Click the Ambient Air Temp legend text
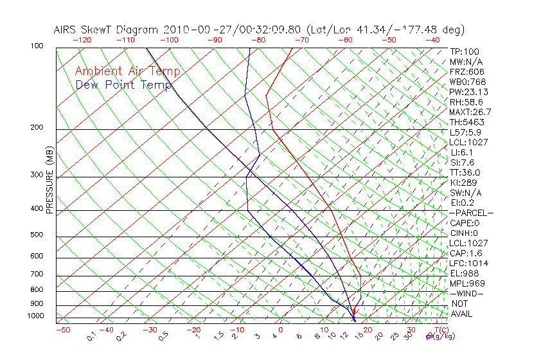pos(127,71)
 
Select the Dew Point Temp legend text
pos(123,85)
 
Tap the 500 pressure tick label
pos(37,235)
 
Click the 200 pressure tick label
pos(37,128)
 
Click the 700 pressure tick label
pos(37,274)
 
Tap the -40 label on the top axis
pos(432,40)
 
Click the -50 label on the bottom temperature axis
pos(62,330)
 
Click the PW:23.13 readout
pos(468,92)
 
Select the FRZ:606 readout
pos(467,72)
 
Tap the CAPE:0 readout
pos(464,223)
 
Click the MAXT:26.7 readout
pos(470,113)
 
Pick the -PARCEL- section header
pos(471,213)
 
